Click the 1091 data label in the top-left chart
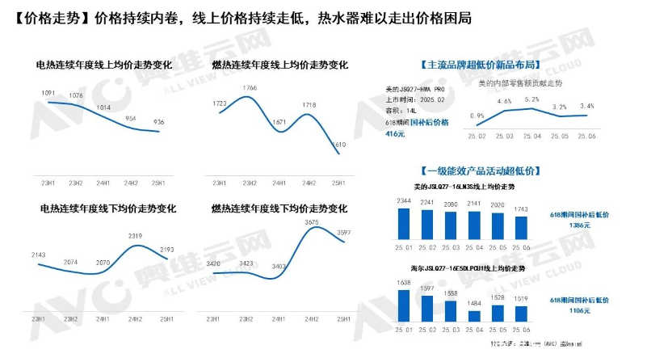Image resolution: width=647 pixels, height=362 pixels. click(48, 93)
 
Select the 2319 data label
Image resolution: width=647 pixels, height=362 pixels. click(135, 235)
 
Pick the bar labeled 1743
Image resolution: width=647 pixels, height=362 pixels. click(522, 227)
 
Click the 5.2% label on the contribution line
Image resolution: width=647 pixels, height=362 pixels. click(531, 99)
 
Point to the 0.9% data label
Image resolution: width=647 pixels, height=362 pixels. click(477, 116)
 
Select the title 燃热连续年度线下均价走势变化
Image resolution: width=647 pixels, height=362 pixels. click(279, 208)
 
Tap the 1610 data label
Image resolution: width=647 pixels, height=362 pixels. click(340, 145)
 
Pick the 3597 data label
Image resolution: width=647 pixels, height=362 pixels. click(342, 233)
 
